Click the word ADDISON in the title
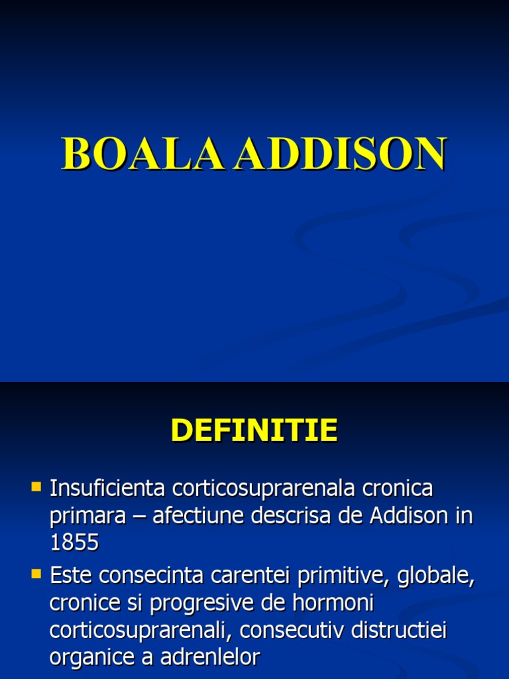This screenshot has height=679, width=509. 341,155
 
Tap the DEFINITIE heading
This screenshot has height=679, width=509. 254,431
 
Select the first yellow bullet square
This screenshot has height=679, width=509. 36,487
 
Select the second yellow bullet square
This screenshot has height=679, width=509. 36,572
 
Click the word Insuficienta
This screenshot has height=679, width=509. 108,489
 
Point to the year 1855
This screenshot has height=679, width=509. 74,543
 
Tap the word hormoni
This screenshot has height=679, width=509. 326,603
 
